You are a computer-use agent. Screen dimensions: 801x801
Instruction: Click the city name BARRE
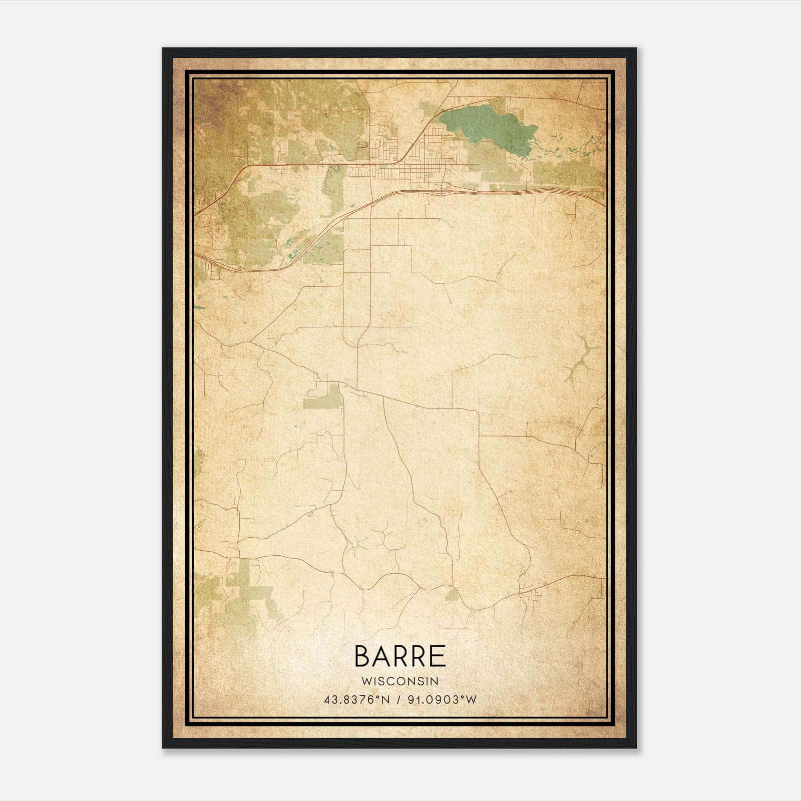[400, 656]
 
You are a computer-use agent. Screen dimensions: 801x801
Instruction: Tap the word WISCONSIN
[400, 681]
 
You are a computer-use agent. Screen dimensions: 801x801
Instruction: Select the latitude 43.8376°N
[356, 700]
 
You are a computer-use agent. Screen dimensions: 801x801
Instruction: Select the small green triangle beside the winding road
[452, 595]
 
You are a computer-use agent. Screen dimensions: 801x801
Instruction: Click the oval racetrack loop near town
[361, 145]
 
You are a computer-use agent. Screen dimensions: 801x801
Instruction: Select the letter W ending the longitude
[471, 700]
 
